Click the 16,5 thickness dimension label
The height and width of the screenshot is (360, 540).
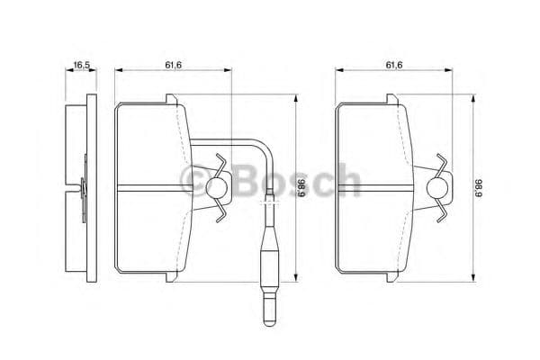point(80,65)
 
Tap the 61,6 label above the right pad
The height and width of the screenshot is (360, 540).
point(393,65)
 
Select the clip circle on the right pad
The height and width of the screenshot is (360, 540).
point(436,187)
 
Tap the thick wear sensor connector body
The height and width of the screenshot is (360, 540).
point(269,265)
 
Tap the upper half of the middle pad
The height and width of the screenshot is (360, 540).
point(153,144)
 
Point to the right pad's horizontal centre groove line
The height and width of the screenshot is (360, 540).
point(378,187)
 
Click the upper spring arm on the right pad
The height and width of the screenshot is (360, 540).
point(440,165)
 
